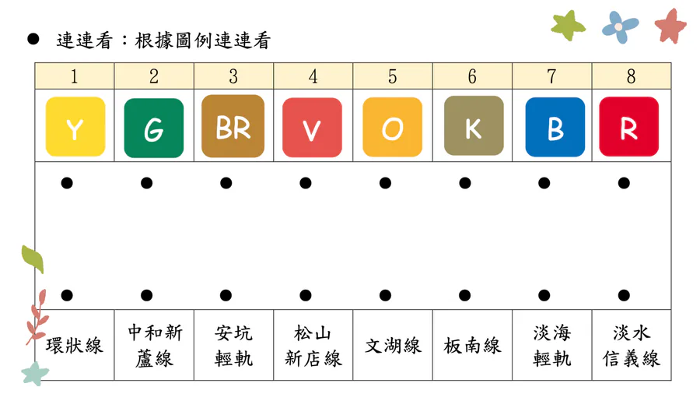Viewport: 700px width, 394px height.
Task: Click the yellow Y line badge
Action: [x=75, y=127]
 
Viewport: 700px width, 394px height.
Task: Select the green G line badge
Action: [x=154, y=128]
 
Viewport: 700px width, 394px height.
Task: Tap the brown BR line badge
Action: [x=233, y=126]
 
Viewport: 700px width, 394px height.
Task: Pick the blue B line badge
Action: [x=555, y=128]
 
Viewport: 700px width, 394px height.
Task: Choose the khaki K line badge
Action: [x=474, y=125]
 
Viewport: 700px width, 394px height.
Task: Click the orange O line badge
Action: [x=393, y=128]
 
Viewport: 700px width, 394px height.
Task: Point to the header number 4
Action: [x=313, y=76]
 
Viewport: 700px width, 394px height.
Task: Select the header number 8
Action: [x=631, y=76]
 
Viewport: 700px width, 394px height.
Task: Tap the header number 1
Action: [x=74, y=76]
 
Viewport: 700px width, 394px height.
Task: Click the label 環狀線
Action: [x=74, y=346]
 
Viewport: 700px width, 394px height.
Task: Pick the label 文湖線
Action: [x=393, y=346]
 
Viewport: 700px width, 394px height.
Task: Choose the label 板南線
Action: [x=472, y=346]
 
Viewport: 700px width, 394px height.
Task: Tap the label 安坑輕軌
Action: [x=233, y=346]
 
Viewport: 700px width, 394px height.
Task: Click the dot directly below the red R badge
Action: [x=624, y=183]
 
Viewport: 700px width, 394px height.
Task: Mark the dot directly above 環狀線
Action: [x=67, y=295]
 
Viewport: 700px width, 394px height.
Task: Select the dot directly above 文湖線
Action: [x=385, y=295]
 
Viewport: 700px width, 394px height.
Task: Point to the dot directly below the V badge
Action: [x=306, y=183]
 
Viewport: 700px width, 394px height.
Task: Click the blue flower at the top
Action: [x=620, y=27]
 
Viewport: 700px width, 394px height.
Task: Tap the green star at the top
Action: [x=568, y=26]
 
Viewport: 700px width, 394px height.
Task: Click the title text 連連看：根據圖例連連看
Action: [x=163, y=40]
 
